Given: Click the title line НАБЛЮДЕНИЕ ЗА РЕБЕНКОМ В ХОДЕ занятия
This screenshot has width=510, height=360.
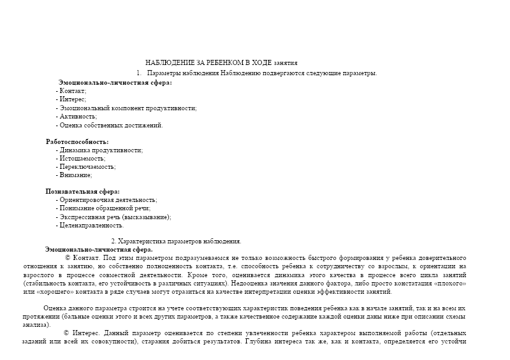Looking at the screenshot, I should [221, 62].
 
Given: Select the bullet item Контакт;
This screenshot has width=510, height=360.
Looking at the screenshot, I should [73, 92].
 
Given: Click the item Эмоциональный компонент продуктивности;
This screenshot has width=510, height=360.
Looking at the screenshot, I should [127, 108].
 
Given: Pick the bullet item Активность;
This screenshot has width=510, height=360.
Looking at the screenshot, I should [77, 117].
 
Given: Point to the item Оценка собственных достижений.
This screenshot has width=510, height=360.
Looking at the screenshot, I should [110, 125].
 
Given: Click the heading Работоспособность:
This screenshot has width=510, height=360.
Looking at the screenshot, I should [77, 141].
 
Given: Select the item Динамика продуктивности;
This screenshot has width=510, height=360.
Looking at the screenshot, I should [100, 150].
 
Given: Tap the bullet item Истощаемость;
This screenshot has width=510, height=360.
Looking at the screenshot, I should [81, 158].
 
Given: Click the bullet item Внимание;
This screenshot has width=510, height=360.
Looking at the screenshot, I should [75, 175].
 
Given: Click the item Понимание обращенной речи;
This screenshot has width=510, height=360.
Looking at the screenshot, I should [104, 208].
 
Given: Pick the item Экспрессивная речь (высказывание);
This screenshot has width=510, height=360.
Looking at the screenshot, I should [115, 217].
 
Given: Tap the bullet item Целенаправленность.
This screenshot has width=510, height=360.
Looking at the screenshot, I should [91, 225].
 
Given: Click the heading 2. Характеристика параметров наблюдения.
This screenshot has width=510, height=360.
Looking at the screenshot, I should [176, 241].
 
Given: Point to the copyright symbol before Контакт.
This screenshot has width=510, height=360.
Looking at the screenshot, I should [68, 257].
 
